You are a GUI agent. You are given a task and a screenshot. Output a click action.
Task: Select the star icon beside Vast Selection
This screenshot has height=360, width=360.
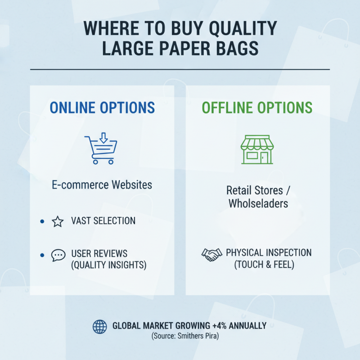pos(58,221)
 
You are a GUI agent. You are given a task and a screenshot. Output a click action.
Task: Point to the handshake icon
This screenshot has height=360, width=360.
pos(211,255)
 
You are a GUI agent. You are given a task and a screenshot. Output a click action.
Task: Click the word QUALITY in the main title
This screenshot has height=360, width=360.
pos(242,29)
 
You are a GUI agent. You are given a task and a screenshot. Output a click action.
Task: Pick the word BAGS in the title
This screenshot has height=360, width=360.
pos(237,48)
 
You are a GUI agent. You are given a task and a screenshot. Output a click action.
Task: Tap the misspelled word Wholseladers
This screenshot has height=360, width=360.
pos(258,203)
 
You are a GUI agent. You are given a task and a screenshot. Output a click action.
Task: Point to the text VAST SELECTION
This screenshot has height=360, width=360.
pos(103,221)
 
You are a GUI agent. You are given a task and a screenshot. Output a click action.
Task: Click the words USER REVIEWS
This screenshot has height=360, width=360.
pos(99,253)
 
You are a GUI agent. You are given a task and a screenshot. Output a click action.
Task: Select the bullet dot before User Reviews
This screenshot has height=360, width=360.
pos(42,255)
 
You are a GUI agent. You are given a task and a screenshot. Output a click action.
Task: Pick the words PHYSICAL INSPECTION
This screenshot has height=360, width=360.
pos(269,252)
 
